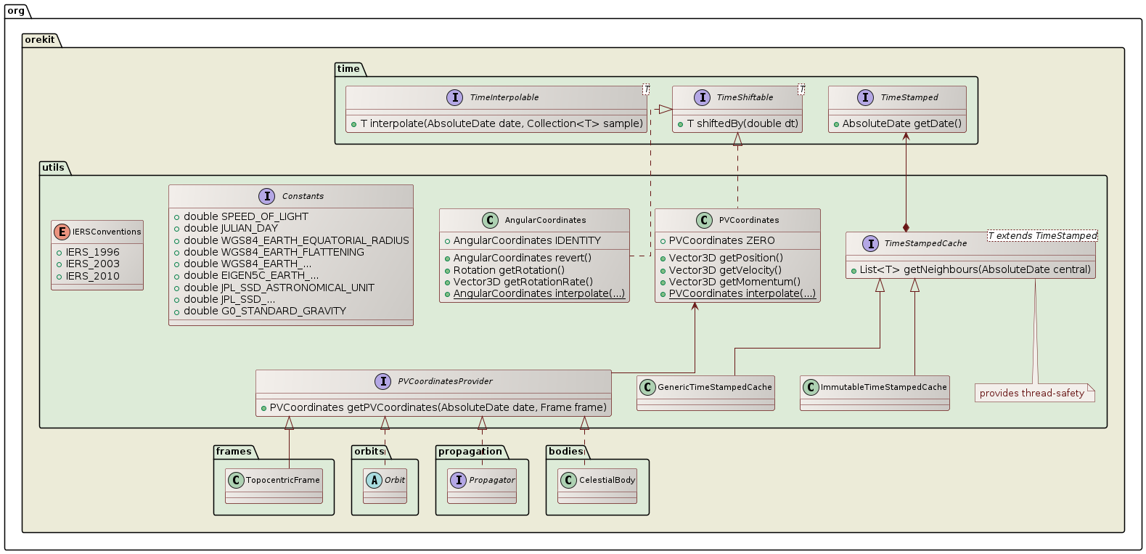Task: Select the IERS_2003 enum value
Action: tap(92, 264)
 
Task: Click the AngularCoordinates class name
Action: tap(545, 220)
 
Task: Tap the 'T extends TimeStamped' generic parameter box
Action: tap(1042, 236)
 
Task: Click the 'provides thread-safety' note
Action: tap(1031, 394)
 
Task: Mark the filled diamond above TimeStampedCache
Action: tap(906, 227)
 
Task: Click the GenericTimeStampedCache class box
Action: tap(705, 392)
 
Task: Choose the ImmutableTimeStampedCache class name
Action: tap(883, 387)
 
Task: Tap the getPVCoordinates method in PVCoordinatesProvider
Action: tap(438, 407)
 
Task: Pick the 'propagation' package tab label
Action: tap(470, 452)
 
